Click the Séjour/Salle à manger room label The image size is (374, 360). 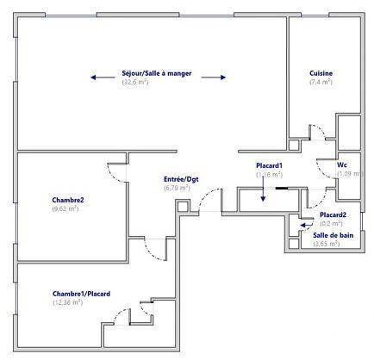[x=158, y=74]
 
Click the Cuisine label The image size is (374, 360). [x=321, y=73]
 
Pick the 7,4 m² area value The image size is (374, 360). [x=321, y=82]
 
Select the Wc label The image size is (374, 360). [x=342, y=164]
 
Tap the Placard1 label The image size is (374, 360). [x=270, y=165]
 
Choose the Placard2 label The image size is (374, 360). [x=333, y=214]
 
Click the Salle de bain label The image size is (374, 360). [x=333, y=235]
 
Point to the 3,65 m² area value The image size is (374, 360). [x=327, y=244]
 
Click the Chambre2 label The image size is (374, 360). [x=67, y=200]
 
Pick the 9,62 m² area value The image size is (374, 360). [x=65, y=208]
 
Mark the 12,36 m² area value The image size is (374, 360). [x=67, y=302]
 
